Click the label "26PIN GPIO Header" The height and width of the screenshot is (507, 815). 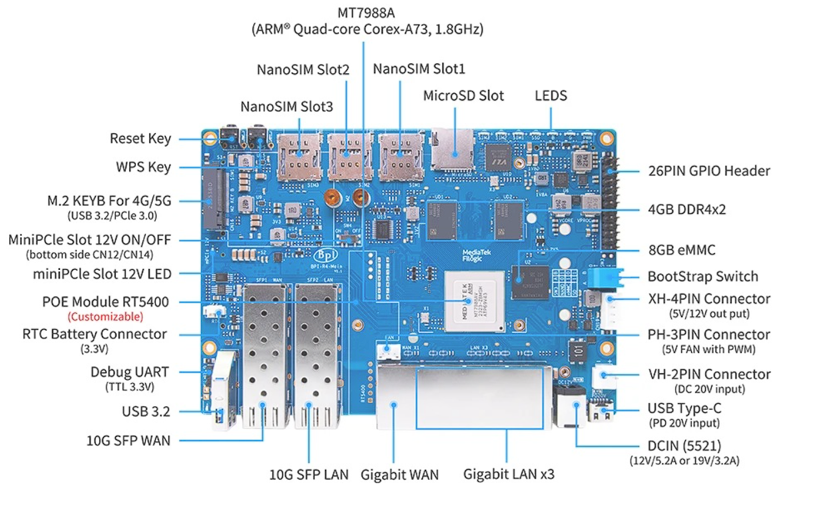709,171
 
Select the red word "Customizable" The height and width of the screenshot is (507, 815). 105,316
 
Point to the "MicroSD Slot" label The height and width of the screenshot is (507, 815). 463,95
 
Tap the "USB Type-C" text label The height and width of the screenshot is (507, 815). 684,408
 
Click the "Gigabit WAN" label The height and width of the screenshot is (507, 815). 400,475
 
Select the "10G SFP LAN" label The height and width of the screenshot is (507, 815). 308,475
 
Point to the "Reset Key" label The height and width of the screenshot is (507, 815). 140,139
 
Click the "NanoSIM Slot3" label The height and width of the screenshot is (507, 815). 286,107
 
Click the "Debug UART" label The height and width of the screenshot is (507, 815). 130,372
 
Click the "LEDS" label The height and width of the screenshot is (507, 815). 551,95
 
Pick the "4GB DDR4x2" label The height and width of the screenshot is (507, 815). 686,209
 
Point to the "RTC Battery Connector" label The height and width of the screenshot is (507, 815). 95,334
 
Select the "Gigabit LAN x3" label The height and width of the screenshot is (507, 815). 509,475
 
